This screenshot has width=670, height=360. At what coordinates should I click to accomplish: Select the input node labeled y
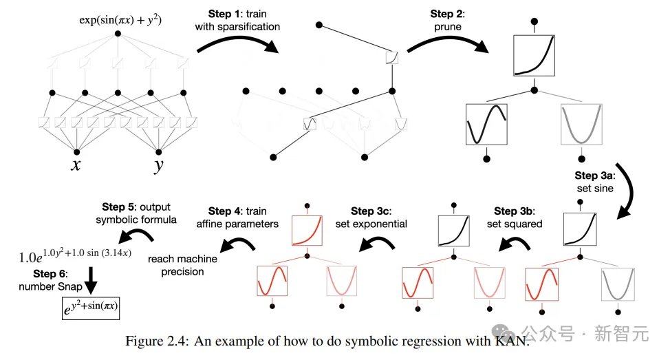click(159, 152)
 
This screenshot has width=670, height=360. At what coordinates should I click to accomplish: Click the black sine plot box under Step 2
click(486, 124)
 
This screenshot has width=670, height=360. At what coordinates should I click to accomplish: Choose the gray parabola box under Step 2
click(581, 124)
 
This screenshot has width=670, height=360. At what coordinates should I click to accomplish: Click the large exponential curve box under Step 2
click(534, 55)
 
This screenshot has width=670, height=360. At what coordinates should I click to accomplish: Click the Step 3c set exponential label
click(371, 217)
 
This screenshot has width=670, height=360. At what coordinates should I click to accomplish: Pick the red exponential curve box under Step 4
click(307, 229)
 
